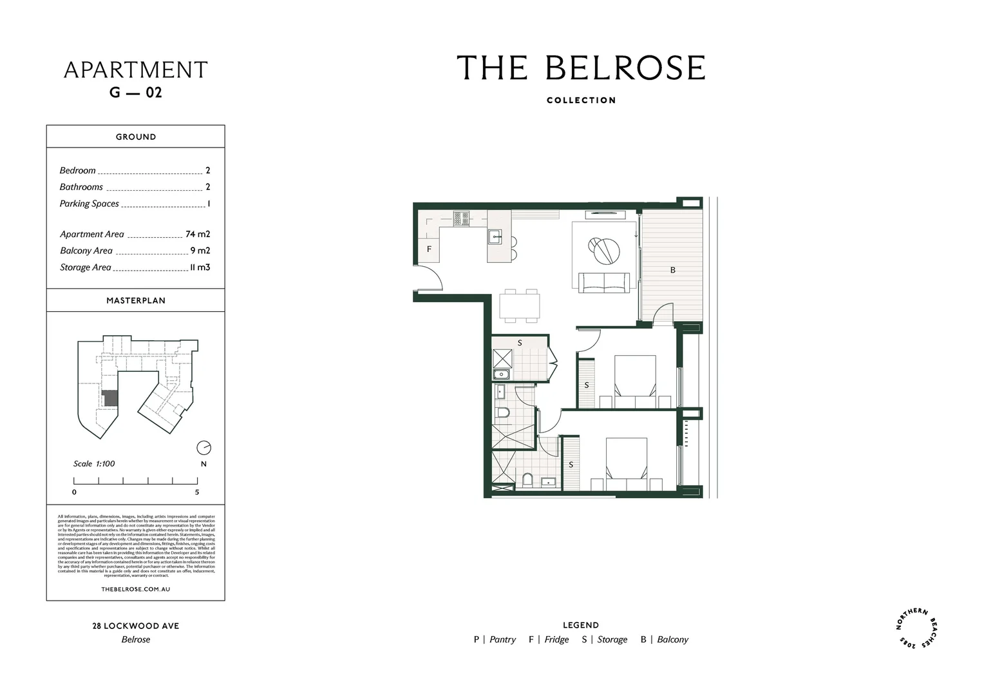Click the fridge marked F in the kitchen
pyautogui.click(x=429, y=249)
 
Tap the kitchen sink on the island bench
pyautogui.click(x=495, y=237)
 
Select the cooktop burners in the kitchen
pyautogui.click(x=461, y=219)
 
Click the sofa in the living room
pyautogui.click(x=604, y=282)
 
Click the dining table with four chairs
pyautogui.click(x=520, y=305)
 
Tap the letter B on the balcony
pyautogui.click(x=673, y=270)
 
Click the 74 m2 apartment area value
pyautogui.click(x=198, y=235)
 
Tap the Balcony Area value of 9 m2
pyautogui.click(x=200, y=251)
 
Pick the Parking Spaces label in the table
pyautogui.click(x=90, y=204)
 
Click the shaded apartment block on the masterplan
pyautogui.click(x=111, y=398)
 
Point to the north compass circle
pyautogui.click(x=203, y=447)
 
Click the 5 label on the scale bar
pyautogui.click(x=197, y=492)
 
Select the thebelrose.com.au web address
pyautogui.click(x=136, y=589)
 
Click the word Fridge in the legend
pyautogui.click(x=556, y=640)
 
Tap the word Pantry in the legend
pyautogui.click(x=502, y=640)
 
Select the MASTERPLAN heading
pyautogui.click(x=136, y=300)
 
